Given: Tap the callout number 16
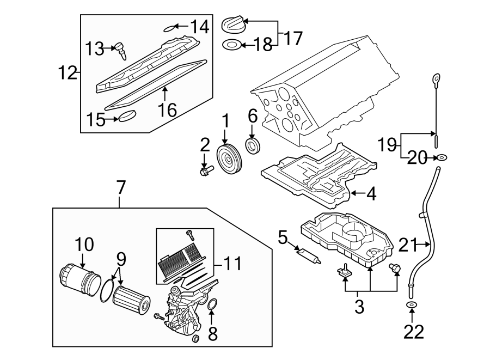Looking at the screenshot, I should pos(168,110).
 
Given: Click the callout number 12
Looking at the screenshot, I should pos(68,72).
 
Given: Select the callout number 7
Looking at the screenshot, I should pos(120,188).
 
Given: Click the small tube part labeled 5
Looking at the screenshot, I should pos(308,254).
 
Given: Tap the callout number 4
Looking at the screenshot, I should pos(371,194).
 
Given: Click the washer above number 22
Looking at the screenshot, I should pos(412,306).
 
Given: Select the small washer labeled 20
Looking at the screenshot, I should pos(443,158).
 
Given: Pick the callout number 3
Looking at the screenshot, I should pos(359,307).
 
